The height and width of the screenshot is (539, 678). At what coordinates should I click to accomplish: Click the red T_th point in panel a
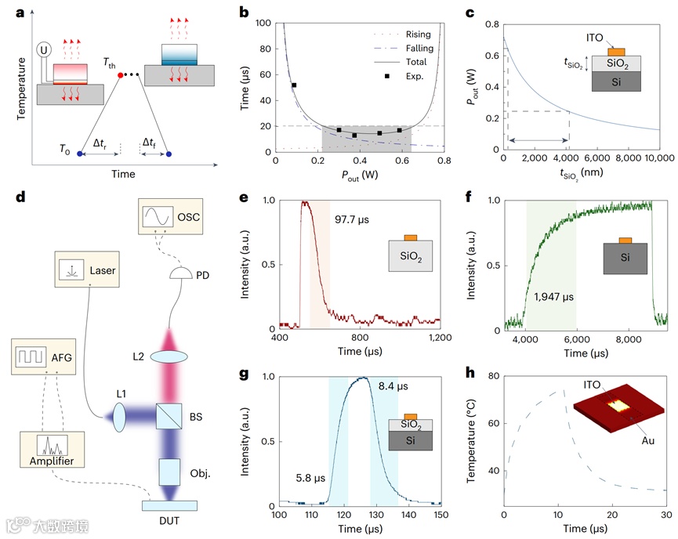120,74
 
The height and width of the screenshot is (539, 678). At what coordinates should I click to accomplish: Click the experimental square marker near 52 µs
294,85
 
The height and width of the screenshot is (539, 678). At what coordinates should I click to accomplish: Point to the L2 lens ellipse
169,356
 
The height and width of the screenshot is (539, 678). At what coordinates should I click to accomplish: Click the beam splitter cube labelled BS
169,414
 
